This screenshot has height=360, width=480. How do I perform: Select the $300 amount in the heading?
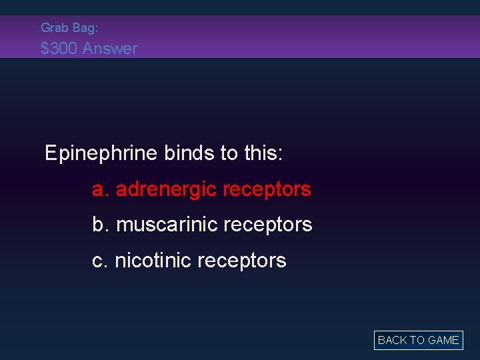coord(59,48)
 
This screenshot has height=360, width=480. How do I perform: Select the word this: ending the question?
coord(264,153)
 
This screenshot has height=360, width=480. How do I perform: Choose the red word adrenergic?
coord(166,190)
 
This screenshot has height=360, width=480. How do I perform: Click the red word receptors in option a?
coord(267,190)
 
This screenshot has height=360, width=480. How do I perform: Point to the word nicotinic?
coord(154,260)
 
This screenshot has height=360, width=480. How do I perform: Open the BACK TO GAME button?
coord(418,340)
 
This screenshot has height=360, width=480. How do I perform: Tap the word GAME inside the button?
coord(443,340)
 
